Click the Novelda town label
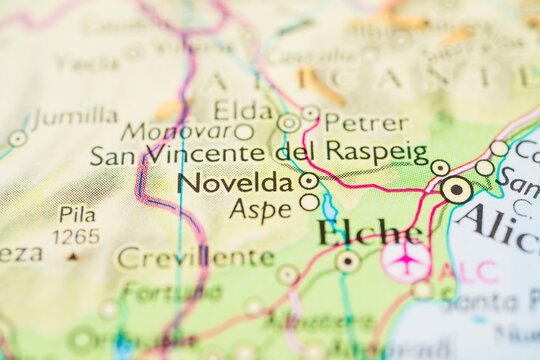pyautogui.click(x=235, y=183)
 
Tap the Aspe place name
pyautogui.click(x=260, y=208)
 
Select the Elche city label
pyautogui.click(x=368, y=233)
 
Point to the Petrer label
pyautogui.click(x=366, y=124)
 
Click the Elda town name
pyautogui.click(x=244, y=110)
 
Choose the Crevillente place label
pyautogui.click(x=196, y=257)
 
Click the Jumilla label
pyautogui.click(x=75, y=116)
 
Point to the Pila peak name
pyautogui.click(x=77, y=214)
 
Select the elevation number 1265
pyautogui.click(x=77, y=236)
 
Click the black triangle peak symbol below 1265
pyautogui.click(x=72, y=256)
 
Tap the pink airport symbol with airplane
pyautogui.click(x=405, y=258)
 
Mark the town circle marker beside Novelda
pyautogui.click(x=309, y=181)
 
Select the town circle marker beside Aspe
pyautogui.click(x=309, y=202)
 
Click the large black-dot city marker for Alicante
pyautogui.click(x=457, y=188)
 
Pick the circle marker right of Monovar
pyautogui.click(x=244, y=131)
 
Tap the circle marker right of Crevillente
pyautogui.click(x=288, y=274)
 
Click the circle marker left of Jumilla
pyautogui.click(x=17, y=138)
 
